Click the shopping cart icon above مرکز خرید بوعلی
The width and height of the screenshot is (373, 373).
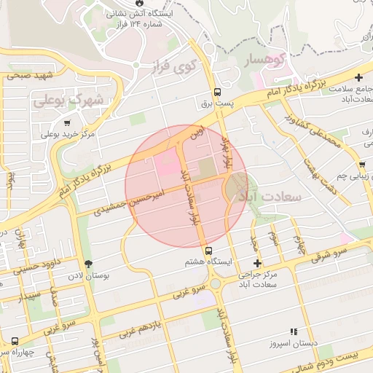(x=68, y=123)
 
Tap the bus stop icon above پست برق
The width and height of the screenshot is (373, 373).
(x=217, y=93)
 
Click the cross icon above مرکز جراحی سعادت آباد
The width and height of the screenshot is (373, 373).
(x=256, y=263)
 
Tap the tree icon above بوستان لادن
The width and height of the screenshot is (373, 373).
(x=89, y=264)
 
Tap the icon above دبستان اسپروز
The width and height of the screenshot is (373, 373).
(x=294, y=331)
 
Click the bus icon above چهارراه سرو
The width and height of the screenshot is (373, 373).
(x=15, y=340)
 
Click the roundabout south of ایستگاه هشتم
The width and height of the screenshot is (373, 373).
(x=216, y=283)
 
